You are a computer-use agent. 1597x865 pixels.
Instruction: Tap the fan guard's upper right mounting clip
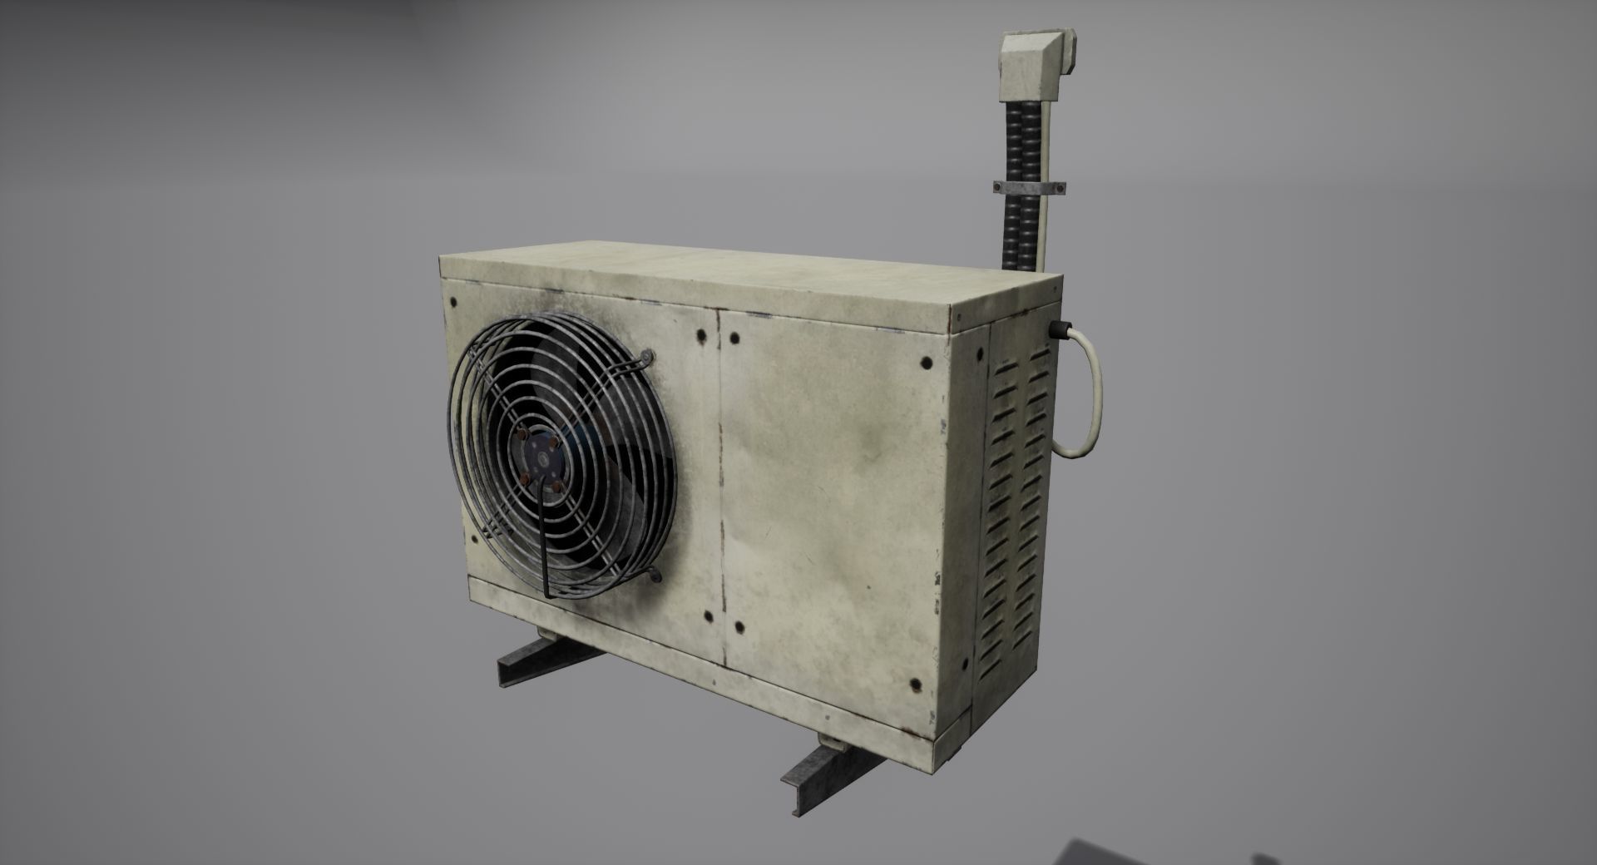pos(646,358)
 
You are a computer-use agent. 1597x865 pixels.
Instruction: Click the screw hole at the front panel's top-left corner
pos(453,301)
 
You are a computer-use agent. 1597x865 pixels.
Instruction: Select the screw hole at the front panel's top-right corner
pos(925,363)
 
